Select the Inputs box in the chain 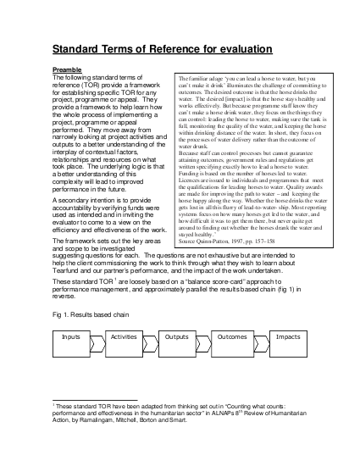tap(70, 336)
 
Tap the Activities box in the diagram tap(124, 336)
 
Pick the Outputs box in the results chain tap(176, 336)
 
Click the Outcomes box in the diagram tap(231, 336)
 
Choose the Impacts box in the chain tap(287, 336)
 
